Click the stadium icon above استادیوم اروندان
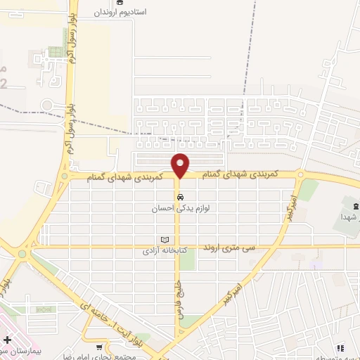[x=109, y=2]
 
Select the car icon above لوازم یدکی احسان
[x=181, y=197]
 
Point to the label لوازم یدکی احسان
[x=181, y=208]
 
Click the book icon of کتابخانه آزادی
[x=166, y=239]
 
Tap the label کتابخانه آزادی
[x=162, y=250]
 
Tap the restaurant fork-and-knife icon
[x=340, y=347]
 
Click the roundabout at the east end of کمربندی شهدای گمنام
[x=300, y=176]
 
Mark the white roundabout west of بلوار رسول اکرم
[x=46, y=105]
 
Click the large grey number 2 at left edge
[x=4, y=82]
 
